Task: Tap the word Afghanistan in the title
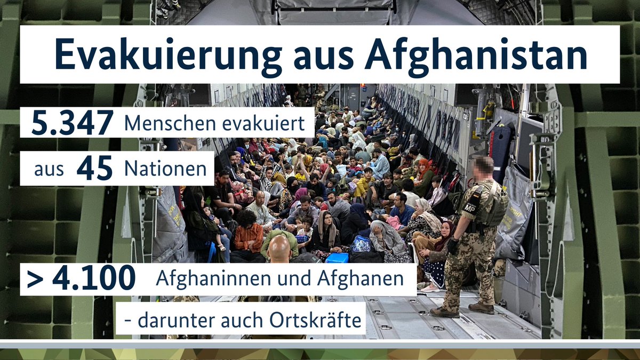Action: [x=476, y=54]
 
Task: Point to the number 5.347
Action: [x=72, y=123]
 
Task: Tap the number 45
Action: [x=94, y=169]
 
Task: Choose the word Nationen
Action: [x=165, y=169]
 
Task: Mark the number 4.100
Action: [x=93, y=279]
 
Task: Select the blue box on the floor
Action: [x=337, y=258]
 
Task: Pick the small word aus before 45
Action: [x=49, y=170]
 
